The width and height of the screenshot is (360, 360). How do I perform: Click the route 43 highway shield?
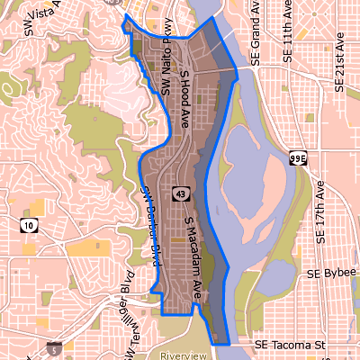point(182,193)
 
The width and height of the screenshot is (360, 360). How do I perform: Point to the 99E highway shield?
point(299,158)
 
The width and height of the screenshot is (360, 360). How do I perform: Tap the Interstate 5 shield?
point(57,347)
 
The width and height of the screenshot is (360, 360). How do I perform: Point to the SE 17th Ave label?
point(322,212)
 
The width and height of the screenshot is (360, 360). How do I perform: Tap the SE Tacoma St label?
point(290,345)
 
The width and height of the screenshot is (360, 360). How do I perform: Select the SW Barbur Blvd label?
point(150,225)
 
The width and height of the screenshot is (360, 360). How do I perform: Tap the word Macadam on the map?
point(194,256)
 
